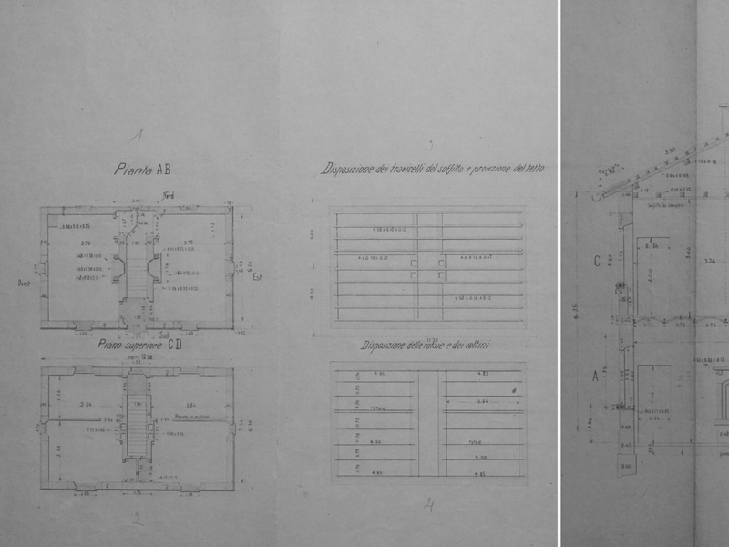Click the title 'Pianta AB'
tap(142, 169)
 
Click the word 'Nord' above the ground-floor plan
tap(168, 196)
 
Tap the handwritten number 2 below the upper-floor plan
tap(137, 521)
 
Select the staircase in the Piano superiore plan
tap(138, 424)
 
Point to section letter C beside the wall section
tap(596, 261)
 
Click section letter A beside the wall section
tap(596, 375)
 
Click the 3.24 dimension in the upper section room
tap(709, 262)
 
